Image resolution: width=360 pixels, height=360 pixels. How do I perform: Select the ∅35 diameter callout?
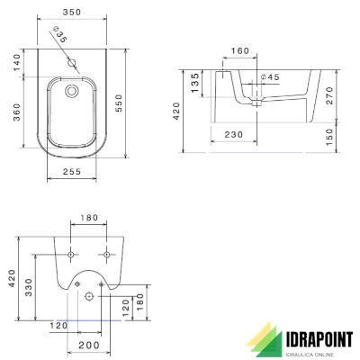point(61,37)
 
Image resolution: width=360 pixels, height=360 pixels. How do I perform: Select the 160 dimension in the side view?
point(239,51)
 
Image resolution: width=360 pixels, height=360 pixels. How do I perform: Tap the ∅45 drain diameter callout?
point(270,77)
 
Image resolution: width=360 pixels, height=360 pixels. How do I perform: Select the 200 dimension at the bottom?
point(87,346)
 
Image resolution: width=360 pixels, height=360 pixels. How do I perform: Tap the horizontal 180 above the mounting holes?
point(87,218)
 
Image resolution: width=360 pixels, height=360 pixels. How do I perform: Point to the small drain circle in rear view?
point(89,296)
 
